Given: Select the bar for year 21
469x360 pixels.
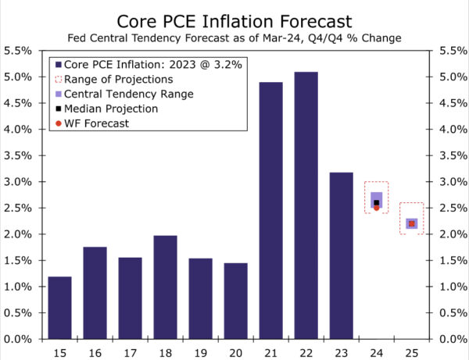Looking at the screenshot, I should click(x=270, y=210).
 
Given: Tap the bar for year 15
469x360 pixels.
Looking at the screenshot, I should click(x=59, y=308).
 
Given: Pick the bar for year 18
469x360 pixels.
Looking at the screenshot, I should click(x=165, y=287).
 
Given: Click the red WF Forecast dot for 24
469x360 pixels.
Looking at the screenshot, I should click(x=376, y=208).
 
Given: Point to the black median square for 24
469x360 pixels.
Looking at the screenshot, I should click(x=376, y=202).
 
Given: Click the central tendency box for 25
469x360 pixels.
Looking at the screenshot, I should click(x=411, y=223).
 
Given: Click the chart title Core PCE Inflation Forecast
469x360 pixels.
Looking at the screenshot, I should click(x=234, y=20).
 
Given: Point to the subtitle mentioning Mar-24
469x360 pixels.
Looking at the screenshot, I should click(x=234, y=37).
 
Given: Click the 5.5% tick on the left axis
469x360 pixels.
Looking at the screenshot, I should click(x=19, y=50).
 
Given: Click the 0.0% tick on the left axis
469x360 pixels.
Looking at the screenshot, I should click(x=19, y=340).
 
